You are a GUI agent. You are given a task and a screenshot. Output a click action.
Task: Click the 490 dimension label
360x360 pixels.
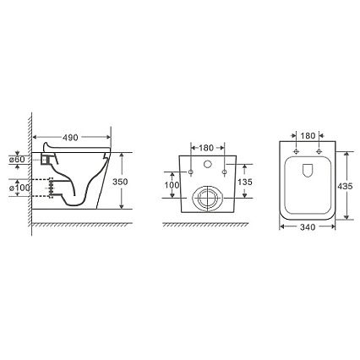click(x=70, y=138)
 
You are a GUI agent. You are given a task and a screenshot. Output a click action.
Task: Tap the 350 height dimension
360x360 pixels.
click(x=120, y=182)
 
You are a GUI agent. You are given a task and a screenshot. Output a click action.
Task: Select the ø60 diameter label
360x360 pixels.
click(x=17, y=160)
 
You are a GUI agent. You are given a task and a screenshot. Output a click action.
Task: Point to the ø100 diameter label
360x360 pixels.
click(x=19, y=188)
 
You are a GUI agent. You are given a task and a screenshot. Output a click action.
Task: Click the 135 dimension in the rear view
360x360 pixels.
click(x=245, y=182)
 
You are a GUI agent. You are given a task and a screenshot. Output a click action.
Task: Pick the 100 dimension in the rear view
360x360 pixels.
click(x=172, y=185)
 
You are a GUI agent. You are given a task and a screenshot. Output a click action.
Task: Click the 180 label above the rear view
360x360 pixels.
click(x=206, y=148)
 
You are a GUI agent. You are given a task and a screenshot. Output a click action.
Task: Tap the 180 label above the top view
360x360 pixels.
click(x=308, y=136)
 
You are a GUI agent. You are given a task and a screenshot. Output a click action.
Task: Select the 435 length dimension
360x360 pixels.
click(x=345, y=186)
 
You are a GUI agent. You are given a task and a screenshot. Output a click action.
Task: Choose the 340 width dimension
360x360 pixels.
click(x=308, y=227)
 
